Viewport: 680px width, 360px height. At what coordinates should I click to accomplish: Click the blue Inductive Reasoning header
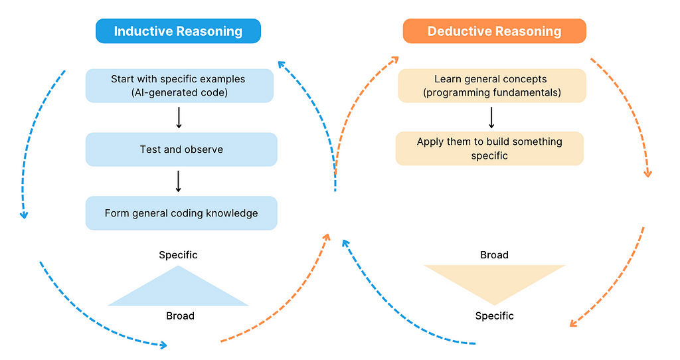click(x=178, y=31)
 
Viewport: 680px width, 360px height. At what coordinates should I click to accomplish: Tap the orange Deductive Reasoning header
click(x=494, y=31)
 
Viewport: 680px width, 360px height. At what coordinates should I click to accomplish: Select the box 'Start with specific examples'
click(x=179, y=86)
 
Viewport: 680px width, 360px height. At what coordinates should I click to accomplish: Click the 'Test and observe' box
click(x=181, y=149)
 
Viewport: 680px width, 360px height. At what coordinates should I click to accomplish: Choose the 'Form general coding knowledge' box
click(x=181, y=213)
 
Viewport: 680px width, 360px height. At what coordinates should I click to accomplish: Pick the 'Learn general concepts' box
click(x=492, y=86)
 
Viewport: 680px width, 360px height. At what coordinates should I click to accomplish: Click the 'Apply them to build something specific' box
click(x=489, y=148)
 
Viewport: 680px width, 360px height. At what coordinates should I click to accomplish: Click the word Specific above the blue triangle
click(x=178, y=254)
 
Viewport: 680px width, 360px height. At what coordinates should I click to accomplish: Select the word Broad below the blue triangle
click(x=181, y=315)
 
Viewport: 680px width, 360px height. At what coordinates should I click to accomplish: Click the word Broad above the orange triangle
click(x=494, y=254)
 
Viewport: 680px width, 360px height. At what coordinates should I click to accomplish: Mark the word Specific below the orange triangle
click(x=494, y=315)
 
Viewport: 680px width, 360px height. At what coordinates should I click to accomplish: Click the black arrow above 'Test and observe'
click(x=179, y=118)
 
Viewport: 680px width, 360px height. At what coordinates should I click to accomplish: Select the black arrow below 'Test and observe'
click(x=178, y=181)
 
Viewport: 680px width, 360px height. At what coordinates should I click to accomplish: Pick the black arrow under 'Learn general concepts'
click(x=491, y=118)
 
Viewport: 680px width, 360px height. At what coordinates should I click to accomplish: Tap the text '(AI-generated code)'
click(x=179, y=92)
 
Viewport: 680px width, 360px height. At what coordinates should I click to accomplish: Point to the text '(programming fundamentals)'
click(x=492, y=92)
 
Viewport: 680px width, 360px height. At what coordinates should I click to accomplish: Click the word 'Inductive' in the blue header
click(x=143, y=31)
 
